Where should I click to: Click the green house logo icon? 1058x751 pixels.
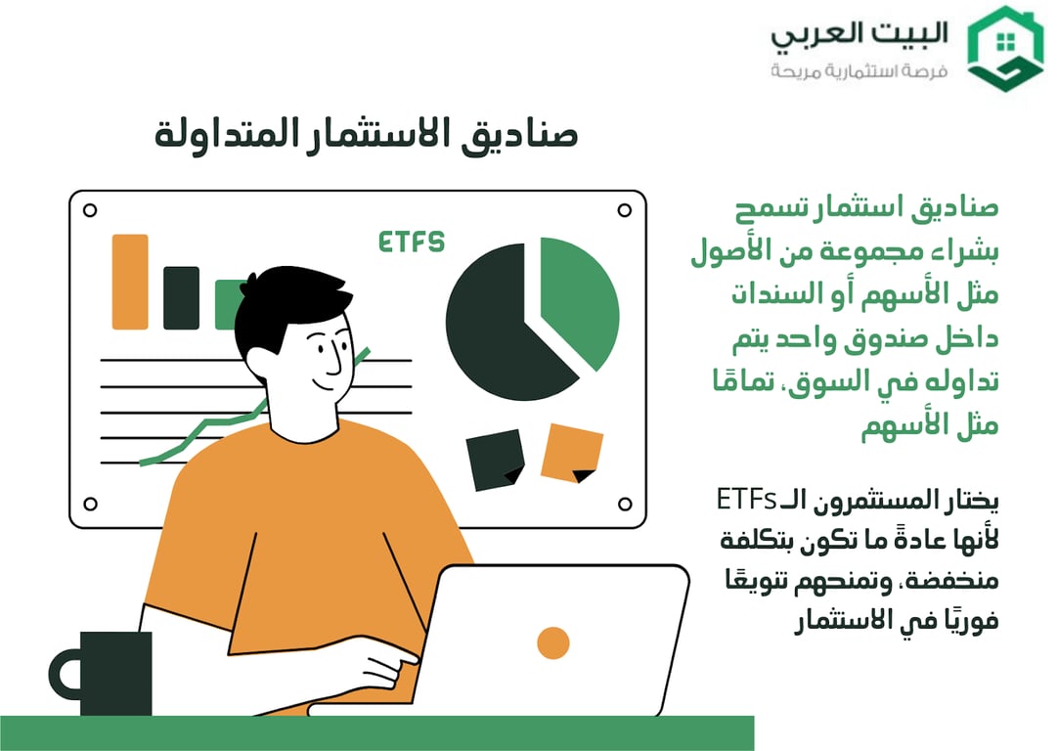click(x=1004, y=48)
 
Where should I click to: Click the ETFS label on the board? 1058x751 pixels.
click(x=412, y=242)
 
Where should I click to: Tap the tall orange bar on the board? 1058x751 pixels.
click(x=130, y=282)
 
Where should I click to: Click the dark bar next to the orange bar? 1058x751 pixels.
click(x=181, y=297)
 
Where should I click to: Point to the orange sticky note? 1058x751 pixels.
click(x=572, y=453)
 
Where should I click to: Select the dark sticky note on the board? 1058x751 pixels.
click(x=496, y=460)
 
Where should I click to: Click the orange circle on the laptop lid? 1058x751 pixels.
click(x=553, y=642)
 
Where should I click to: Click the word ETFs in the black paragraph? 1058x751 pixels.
click(x=745, y=500)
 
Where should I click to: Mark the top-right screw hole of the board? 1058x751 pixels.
click(x=624, y=209)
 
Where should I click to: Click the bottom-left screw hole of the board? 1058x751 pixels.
click(x=90, y=504)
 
